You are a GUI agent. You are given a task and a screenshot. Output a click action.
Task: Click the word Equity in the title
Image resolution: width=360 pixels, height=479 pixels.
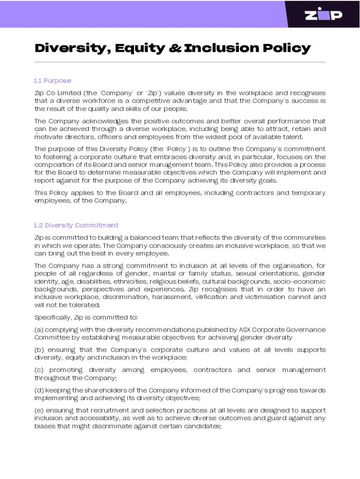(x=140, y=48)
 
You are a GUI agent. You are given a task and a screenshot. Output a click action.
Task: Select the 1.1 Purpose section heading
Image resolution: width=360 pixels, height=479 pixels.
(x=53, y=80)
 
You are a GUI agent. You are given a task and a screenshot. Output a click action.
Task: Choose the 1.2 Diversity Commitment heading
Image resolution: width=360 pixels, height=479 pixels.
(x=76, y=225)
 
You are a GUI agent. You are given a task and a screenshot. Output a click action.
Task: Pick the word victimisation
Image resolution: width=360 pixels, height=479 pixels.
(x=259, y=297)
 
